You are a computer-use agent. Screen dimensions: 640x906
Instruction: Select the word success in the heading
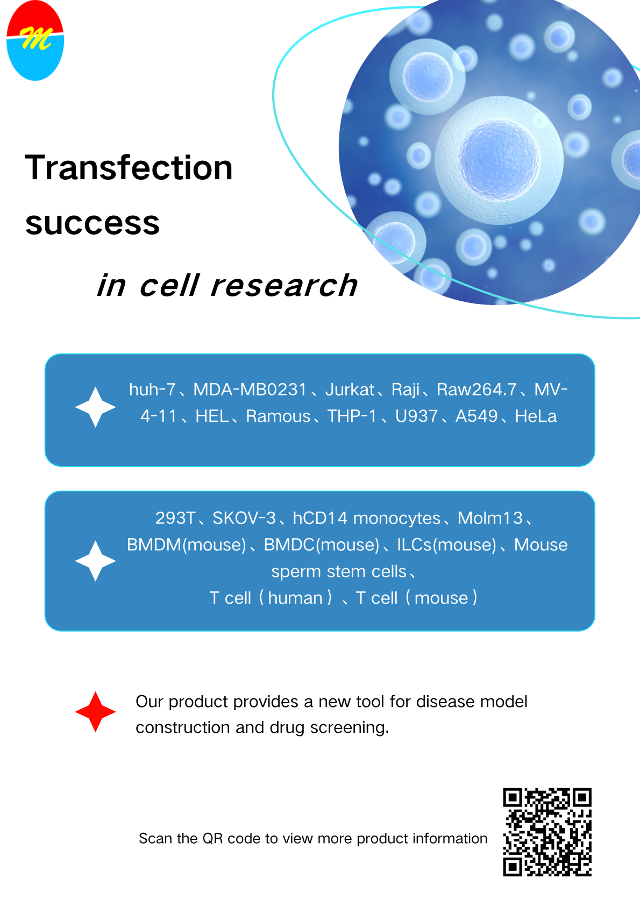click(x=93, y=223)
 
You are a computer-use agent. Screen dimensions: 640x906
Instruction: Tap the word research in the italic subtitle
click(x=284, y=286)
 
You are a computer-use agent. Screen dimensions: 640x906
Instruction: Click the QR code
click(x=547, y=832)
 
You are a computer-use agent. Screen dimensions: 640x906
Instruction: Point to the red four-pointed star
click(x=95, y=712)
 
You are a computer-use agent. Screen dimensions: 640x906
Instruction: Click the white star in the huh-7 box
click(x=95, y=407)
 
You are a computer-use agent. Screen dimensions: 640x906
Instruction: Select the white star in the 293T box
click(x=95, y=561)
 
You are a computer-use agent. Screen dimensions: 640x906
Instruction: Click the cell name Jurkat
click(x=350, y=390)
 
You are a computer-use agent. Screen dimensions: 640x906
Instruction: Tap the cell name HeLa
click(x=536, y=416)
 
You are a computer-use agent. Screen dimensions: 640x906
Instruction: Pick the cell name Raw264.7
click(x=477, y=390)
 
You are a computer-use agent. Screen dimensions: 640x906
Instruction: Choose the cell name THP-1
click(x=352, y=416)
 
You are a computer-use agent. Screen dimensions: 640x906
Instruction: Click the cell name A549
click(x=477, y=416)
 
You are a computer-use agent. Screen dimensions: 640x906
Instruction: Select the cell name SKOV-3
click(x=244, y=518)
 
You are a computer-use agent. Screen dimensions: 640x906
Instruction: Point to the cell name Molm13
click(x=490, y=518)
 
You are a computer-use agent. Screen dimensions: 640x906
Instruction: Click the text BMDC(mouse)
click(x=322, y=545)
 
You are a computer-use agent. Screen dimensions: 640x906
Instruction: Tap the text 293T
click(x=175, y=518)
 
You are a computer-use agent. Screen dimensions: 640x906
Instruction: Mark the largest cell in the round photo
click(x=499, y=160)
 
